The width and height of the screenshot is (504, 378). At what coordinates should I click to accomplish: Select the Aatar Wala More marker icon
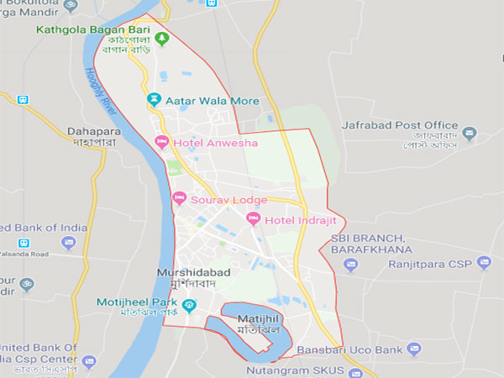click(154, 100)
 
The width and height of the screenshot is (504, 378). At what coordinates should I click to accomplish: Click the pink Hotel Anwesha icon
click(162, 142)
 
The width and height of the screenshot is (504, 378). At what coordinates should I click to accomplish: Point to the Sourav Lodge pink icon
click(178, 199)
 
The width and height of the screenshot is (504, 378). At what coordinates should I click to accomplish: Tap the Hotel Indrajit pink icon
click(253, 219)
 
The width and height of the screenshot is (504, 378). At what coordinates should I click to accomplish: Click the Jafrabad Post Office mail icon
click(470, 134)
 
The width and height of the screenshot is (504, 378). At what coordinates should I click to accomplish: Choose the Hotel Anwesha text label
click(215, 143)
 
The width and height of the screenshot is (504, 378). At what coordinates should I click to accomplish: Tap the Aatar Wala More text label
click(213, 101)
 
